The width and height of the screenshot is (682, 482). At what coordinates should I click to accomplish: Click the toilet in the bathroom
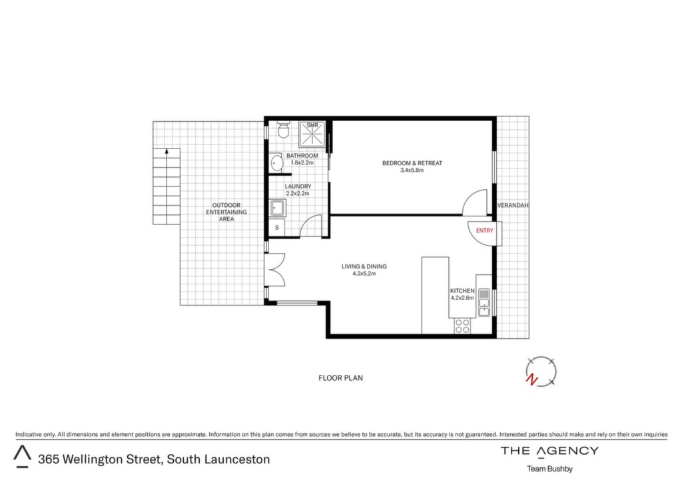pyautogui.click(x=283, y=129)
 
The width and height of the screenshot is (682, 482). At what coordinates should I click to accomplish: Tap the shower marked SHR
pyautogui.click(x=312, y=134)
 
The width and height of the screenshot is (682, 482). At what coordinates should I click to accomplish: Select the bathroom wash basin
pyautogui.click(x=276, y=163)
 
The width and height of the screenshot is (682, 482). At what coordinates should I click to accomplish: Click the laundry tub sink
pyautogui.click(x=277, y=208)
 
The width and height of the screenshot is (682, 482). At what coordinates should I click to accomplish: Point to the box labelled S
pyautogui.click(x=276, y=227)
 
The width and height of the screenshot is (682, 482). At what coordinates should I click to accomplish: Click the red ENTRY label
pyautogui.click(x=485, y=230)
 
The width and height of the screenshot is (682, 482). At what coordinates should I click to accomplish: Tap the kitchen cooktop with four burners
pyautogui.click(x=462, y=326)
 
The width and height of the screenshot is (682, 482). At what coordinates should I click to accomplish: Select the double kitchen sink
pyautogui.click(x=484, y=302)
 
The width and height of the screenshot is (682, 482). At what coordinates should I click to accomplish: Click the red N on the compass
pyautogui.click(x=531, y=380)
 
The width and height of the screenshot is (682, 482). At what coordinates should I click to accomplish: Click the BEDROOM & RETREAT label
pyautogui.click(x=412, y=163)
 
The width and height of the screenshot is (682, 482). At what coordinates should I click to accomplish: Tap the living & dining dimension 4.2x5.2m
pyautogui.click(x=364, y=274)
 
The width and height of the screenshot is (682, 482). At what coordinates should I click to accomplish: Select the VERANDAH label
pyautogui.click(x=513, y=205)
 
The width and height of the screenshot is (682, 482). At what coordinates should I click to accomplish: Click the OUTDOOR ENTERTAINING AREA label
pyautogui.click(x=226, y=212)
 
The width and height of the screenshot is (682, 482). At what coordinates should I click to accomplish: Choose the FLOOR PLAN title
pyautogui.click(x=340, y=378)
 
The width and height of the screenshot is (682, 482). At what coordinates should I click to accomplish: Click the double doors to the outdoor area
pyautogui.click(x=275, y=270)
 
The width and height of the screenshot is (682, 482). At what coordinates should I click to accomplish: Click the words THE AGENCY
pyautogui.click(x=549, y=451)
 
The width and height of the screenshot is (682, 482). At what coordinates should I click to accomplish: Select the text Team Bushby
pyautogui.click(x=549, y=469)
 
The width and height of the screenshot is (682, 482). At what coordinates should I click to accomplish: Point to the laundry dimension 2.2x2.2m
pyautogui.click(x=298, y=194)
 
